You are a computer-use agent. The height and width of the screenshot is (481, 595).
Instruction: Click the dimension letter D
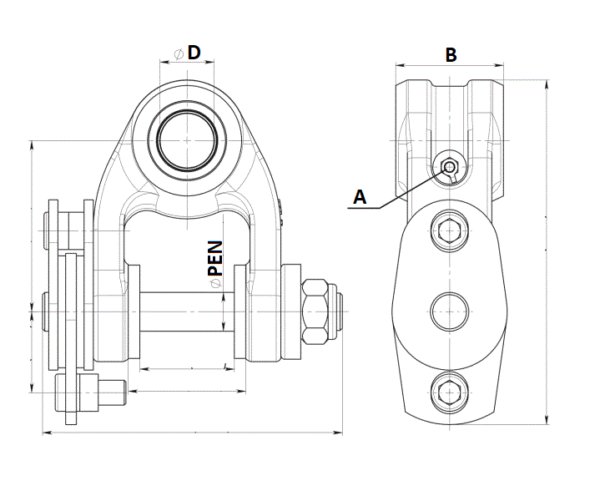coord(194,52)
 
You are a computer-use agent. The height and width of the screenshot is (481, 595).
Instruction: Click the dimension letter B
coord(450,54)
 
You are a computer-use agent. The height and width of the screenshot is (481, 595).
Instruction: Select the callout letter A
coord(360,197)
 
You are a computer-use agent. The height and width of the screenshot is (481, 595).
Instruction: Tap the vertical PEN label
coord(215,258)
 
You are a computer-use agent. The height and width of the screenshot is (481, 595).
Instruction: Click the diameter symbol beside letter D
coord(178,53)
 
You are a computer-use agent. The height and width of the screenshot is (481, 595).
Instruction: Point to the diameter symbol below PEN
coord(215,285)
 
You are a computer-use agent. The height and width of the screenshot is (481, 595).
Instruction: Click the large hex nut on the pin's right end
coord(317,311)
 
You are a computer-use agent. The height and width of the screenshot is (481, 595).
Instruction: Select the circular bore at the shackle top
coord(188,139)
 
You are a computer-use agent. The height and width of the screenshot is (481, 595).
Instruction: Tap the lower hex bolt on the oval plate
coord(450,388)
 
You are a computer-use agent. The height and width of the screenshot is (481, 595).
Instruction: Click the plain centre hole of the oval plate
coord(450,311)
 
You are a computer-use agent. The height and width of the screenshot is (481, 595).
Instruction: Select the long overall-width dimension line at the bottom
coord(192,433)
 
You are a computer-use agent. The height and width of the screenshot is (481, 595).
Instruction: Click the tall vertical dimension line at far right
coord(547,251)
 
